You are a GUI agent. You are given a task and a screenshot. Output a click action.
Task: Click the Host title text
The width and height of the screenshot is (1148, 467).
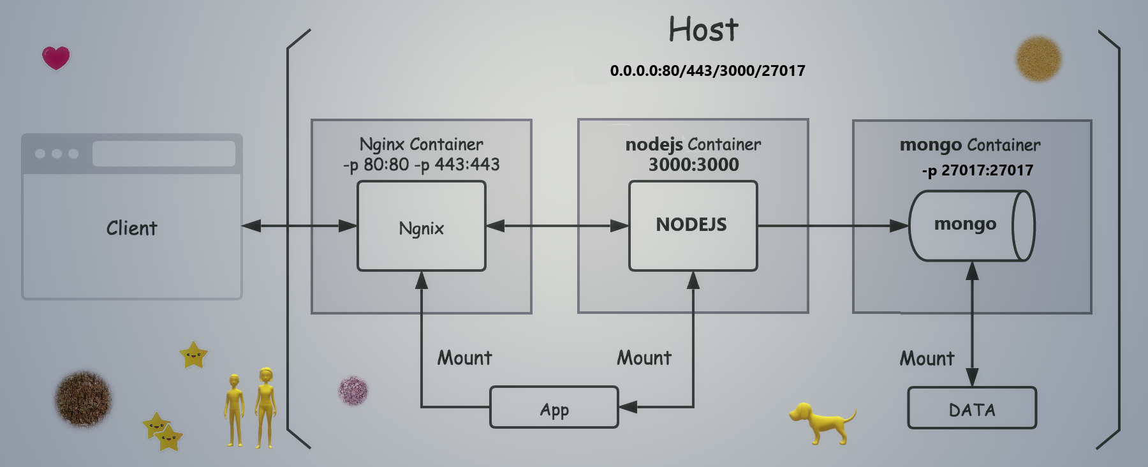[x=703, y=30]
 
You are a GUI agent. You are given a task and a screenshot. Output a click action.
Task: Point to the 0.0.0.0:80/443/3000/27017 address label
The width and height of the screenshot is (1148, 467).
[x=707, y=71]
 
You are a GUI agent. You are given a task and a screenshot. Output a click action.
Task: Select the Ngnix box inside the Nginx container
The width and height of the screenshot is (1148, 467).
[x=421, y=226]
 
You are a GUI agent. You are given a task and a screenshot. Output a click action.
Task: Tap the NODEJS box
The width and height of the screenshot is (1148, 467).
[x=693, y=225]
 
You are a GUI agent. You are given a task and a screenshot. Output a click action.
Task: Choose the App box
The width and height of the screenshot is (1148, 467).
[x=554, y=408]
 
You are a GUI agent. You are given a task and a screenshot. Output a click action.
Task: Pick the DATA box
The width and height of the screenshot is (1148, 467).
[x=971, y=408]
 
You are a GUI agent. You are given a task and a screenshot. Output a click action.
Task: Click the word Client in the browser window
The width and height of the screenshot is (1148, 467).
[x=131, y=228]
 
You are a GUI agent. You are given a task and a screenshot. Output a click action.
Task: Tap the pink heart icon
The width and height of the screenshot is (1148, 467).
[x=56, y=57]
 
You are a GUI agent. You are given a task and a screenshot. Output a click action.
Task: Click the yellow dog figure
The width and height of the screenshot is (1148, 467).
[x=821, y=422]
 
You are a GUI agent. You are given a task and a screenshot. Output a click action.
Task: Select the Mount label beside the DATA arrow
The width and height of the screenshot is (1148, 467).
[x=927, y=359]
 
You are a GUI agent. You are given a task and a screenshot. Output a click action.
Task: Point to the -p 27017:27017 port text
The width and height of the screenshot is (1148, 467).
[x=977, y=170]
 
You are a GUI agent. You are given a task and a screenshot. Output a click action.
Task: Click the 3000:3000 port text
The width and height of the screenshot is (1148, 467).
[x=693, y=165]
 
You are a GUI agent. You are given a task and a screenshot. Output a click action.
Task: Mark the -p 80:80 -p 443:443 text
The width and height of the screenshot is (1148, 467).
[x=421, y=165]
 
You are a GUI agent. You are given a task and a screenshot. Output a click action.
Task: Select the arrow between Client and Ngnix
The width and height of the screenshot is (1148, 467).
[x=299, y=226]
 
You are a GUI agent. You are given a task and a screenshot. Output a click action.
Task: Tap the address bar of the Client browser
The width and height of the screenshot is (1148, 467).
[x=163, y=154]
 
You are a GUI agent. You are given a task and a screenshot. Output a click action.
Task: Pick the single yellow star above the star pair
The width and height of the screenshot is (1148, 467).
[x=193, y=355]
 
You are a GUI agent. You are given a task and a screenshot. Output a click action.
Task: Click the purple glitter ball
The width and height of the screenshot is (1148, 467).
[x=353, y=390]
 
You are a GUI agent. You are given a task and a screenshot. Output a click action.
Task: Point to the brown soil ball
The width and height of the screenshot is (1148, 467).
[x=83, y=399]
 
